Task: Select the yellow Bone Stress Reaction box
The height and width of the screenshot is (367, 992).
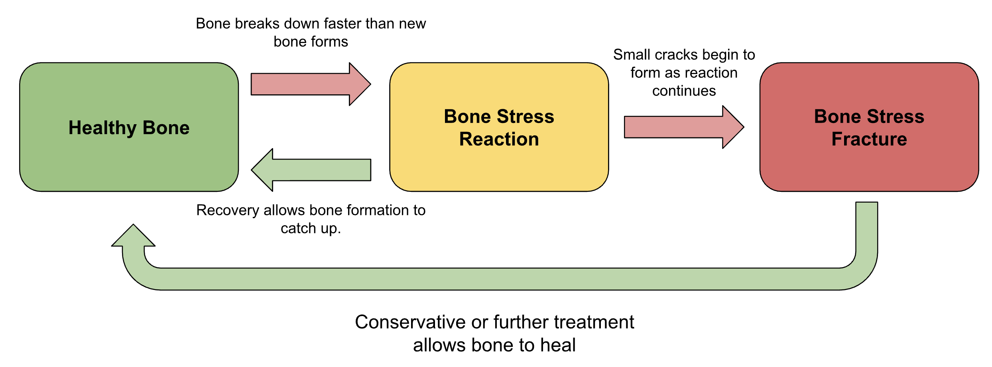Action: click(x=499, y=167)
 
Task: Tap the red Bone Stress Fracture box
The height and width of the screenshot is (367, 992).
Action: click(x=869, y=167)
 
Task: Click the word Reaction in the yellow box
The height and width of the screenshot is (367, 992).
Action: click(x=499, y=139)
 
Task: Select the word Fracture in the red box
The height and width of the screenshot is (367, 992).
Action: click(x=869, y=139)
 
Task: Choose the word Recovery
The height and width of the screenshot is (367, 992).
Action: click(x=228, y=210)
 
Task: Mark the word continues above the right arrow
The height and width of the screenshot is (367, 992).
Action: click(x=684, y=91)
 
